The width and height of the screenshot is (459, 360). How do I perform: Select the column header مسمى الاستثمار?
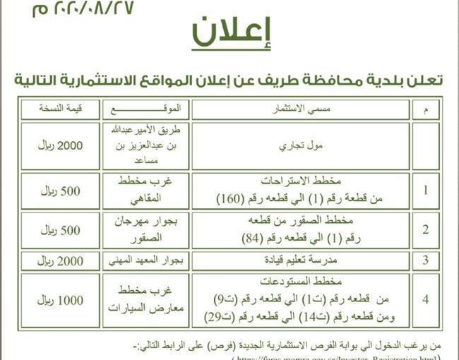(300, 109)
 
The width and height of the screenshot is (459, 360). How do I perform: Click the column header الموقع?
(145, 109)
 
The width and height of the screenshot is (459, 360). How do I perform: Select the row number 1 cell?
(424, 190)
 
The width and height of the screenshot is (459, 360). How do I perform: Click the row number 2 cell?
(424, 229)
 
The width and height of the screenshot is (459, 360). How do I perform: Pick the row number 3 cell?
(424, 260)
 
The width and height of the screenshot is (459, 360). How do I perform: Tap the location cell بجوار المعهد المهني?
(145, 260)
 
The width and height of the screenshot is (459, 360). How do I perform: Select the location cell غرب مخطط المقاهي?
(145, 190)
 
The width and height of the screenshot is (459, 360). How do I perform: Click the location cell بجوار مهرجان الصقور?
(145, 229)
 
